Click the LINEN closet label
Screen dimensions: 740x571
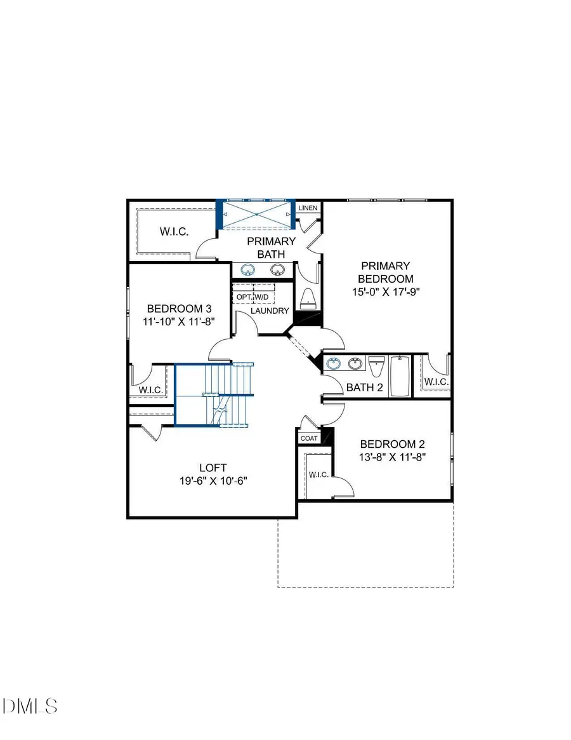point(308,208)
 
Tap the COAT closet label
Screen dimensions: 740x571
point(308,438)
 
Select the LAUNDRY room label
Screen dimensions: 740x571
point(270,311)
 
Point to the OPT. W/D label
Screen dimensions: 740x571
point(253,297)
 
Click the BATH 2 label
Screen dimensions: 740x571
point(364,387)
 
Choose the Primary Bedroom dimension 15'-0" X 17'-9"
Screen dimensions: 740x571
point(386,292)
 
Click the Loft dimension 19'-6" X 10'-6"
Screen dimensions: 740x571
point(212,481)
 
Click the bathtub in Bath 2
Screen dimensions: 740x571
point(400,376)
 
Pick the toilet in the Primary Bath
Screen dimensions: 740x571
point(307,298)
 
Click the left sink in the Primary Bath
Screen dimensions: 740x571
point(246,270)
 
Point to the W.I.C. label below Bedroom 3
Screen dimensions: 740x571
point(151,389)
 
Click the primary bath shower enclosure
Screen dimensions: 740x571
point(256,215)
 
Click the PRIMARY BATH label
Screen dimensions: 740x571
point(272,248)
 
